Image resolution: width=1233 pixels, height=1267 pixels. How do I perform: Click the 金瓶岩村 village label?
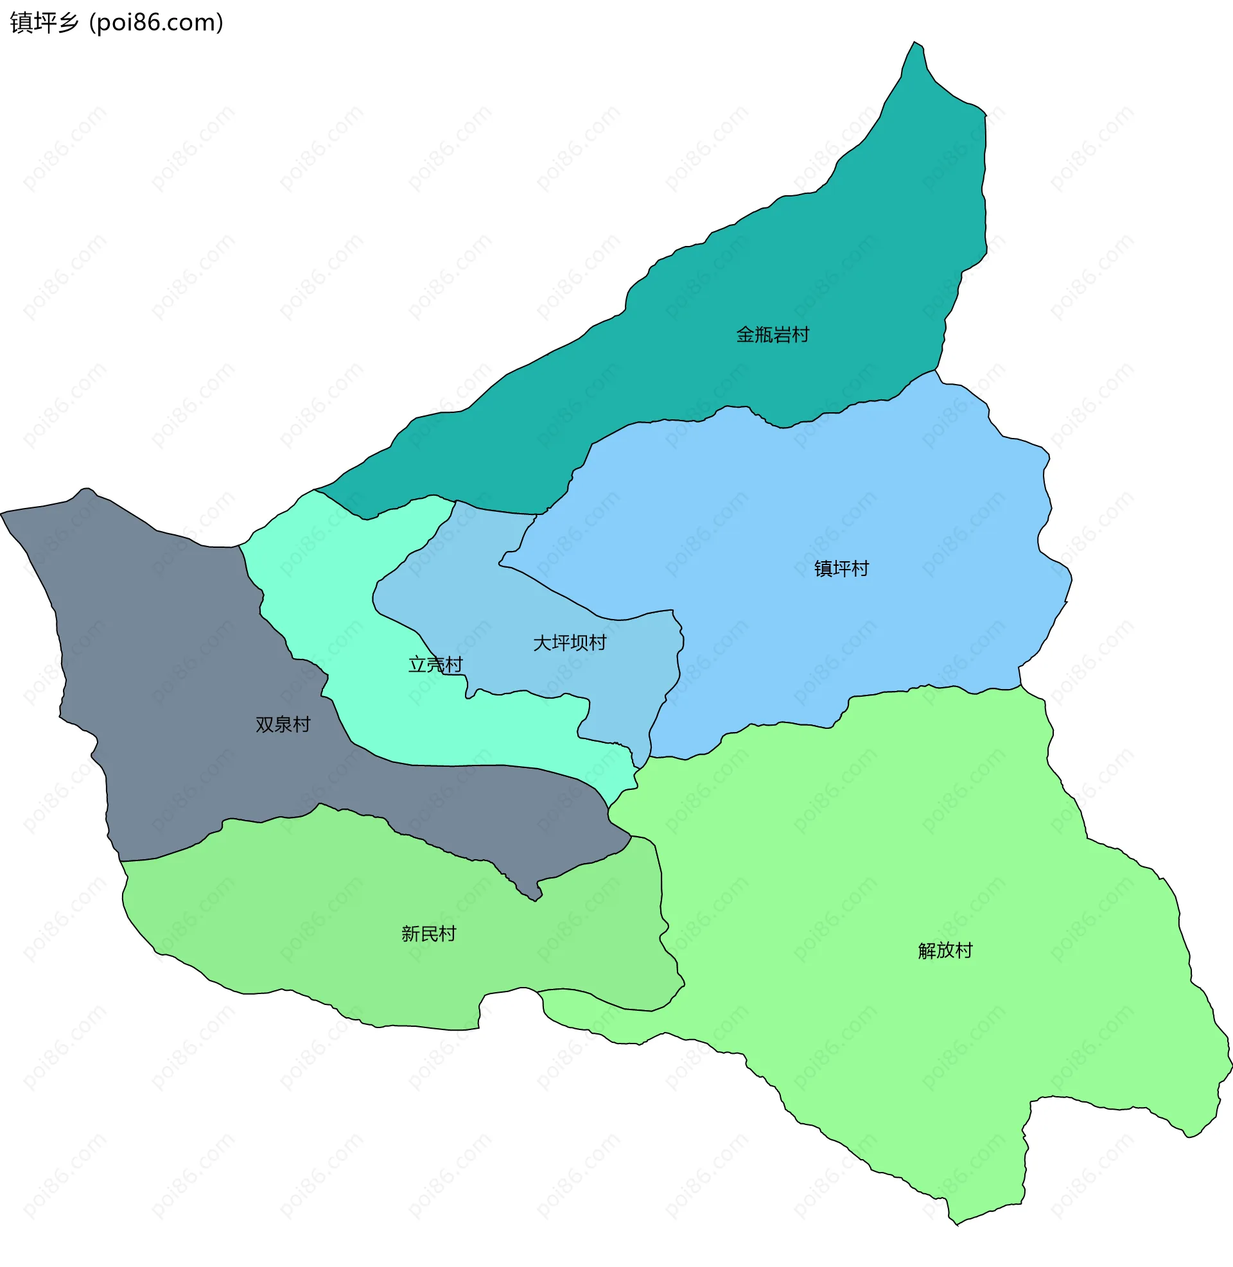tap(773, 335)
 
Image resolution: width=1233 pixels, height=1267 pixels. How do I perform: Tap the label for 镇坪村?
tap(841, 568)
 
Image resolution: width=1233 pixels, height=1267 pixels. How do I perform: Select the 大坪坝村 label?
tap(569, 643)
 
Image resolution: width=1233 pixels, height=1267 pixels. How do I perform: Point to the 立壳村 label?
tap(435, 664)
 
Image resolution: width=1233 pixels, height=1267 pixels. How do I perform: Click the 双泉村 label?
tap(283, 724)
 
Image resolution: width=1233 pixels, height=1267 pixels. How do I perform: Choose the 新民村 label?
tap(429, 934)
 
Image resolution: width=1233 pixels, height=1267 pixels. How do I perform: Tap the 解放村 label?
tap(945, 950)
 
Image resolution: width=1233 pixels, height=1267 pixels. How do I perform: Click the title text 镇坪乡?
tap(44, 22)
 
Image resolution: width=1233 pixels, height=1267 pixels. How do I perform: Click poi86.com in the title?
tap(156, 22)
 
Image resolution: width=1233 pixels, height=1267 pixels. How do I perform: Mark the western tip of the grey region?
tap(2, 513)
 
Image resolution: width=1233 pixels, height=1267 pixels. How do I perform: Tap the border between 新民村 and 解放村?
tap(662, 906)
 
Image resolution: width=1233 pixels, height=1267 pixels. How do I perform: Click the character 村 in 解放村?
tap(964, 950)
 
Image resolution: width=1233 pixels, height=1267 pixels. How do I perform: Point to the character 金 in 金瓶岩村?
tap(746, 335)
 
